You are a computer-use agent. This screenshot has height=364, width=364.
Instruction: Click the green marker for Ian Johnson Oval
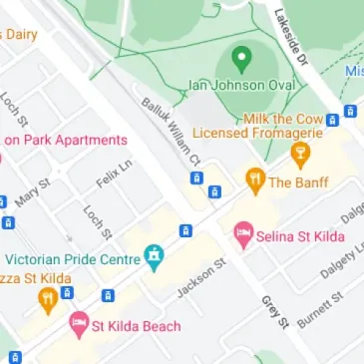[240, 58]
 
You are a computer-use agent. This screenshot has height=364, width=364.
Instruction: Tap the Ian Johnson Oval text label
[241, 85]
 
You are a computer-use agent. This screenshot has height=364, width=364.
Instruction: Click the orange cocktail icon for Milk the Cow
[298, 153]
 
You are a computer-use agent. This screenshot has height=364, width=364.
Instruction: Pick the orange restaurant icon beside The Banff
[254, 182]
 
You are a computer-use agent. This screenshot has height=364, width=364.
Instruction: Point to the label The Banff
[298, 182]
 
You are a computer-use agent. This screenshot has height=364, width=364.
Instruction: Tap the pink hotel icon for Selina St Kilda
[242, 235]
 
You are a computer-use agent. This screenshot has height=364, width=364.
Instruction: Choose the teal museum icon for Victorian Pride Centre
[153, 257]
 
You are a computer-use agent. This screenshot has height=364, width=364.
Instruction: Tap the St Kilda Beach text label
[137, 326]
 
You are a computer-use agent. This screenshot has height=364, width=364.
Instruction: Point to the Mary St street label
[34, 194]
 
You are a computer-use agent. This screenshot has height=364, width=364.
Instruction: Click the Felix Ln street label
[114, 177]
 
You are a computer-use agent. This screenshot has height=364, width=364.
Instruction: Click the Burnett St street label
[319, 310]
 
